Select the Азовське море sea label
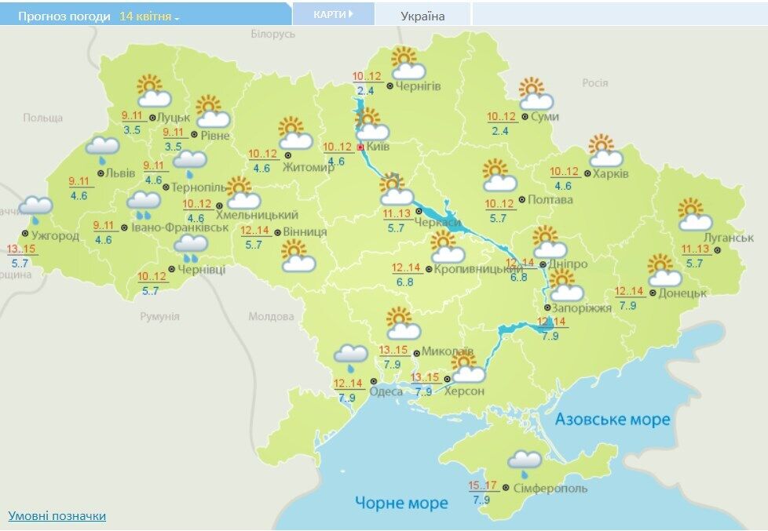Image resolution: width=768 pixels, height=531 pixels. pos(613,420)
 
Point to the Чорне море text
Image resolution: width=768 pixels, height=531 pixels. pos(400,503)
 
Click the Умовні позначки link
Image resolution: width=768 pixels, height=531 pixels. pos(57,515)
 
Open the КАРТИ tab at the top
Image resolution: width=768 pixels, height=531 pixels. pos(332,14)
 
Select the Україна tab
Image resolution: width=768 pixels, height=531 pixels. pos(422,16)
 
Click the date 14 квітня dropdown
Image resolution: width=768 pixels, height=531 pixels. pos(149,16)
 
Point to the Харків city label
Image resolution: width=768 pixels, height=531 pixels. pos(611,173)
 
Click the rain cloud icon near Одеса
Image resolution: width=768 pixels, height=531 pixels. pos(349,357)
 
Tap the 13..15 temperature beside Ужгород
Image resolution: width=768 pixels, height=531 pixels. pos(21,249)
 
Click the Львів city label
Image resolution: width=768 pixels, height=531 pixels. pos(121,173)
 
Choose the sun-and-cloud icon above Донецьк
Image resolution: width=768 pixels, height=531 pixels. pos(664,270)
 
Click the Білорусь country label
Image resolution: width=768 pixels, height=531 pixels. pos(272,35)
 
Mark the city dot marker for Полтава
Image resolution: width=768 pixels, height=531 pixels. pos(522,199)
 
